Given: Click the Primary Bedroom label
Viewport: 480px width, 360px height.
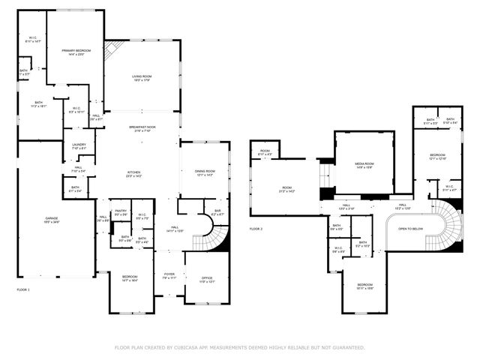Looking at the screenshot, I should click(74, 49).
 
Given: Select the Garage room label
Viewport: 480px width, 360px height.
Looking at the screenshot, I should click(51, 218).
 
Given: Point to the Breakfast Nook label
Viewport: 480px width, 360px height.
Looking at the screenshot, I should click(142, 127).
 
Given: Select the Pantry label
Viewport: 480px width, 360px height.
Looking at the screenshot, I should click(121, 211).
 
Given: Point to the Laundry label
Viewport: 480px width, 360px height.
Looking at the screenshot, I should click(79, 145).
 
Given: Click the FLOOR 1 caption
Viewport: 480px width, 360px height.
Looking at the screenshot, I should click(23, 289).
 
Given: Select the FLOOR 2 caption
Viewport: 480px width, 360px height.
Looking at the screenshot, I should click(256, 228).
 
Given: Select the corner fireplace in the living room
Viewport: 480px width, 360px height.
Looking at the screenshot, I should click(112, 50).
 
